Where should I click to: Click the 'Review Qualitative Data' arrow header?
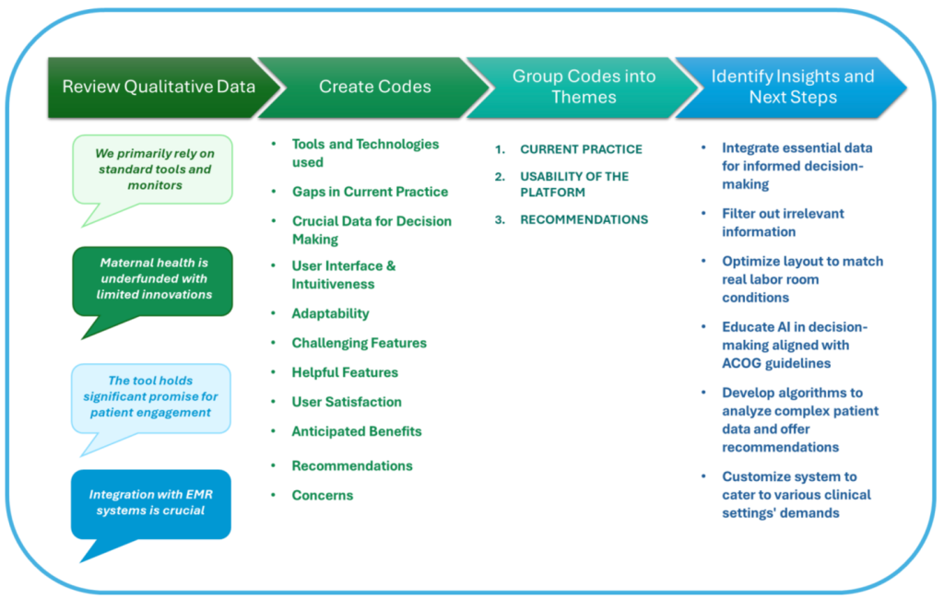[x=159, y=88]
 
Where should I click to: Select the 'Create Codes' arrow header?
[x=374, y=88]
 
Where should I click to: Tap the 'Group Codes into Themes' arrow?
[x=584, y=88]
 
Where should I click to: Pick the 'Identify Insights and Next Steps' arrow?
[x=792, y=88]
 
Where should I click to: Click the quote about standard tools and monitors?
[x=153, y=170]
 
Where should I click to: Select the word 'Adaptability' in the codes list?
[x=331, y=313]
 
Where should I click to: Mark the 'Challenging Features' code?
[x=360, y=343]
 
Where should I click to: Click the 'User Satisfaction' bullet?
[x=347, y=402]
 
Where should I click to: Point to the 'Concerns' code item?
[x=323, y=496]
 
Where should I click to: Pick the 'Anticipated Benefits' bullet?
[x=357, y=431]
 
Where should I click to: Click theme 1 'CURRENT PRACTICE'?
[x=581, y=149]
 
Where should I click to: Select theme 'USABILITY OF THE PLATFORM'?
[x=574, y=184]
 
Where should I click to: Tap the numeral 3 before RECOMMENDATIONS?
[x=500, y=219]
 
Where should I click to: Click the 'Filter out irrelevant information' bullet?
[x=783, y=223]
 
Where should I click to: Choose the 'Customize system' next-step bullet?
[x=796, y=495]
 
